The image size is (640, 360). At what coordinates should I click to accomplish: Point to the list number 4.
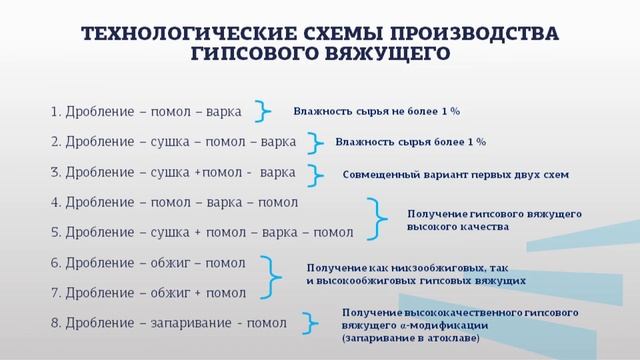(x=54, y=202)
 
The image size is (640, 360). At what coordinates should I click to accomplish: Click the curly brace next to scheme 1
(x=263, y=110)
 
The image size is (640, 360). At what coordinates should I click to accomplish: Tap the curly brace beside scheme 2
(x=315, y=142)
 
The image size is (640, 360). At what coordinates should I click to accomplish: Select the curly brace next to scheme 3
(x=318, y=172)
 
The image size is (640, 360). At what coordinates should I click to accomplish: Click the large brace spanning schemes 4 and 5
(x=380, y=218)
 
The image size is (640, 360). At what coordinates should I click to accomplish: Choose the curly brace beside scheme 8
(x=313, y=323)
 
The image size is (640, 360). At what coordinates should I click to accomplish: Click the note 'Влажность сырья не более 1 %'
(x=383, y=111)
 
